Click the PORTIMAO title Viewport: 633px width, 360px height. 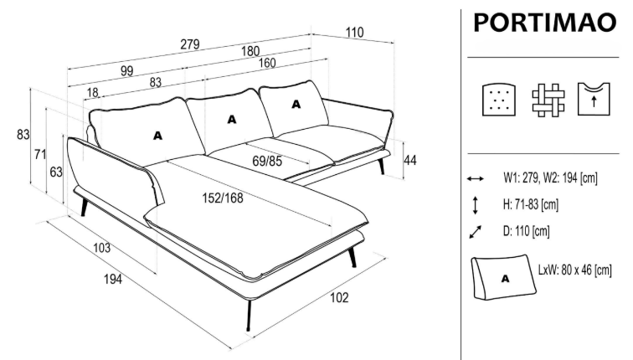(544, 23)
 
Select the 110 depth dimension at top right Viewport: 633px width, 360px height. (354, 33)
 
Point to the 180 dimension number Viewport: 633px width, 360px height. (250, 52)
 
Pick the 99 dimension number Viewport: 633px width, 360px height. (127, 71)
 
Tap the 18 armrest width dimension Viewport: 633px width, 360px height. (91, 92)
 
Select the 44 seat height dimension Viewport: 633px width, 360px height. (410, 159)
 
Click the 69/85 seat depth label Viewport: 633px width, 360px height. (266, 161)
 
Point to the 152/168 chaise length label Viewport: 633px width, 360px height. (222, 198)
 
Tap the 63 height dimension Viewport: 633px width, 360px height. (56, 172)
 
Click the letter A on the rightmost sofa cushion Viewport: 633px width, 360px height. (296, 105)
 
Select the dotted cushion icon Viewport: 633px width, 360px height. (497, 100)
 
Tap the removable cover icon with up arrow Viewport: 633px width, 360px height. (592, 100)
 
